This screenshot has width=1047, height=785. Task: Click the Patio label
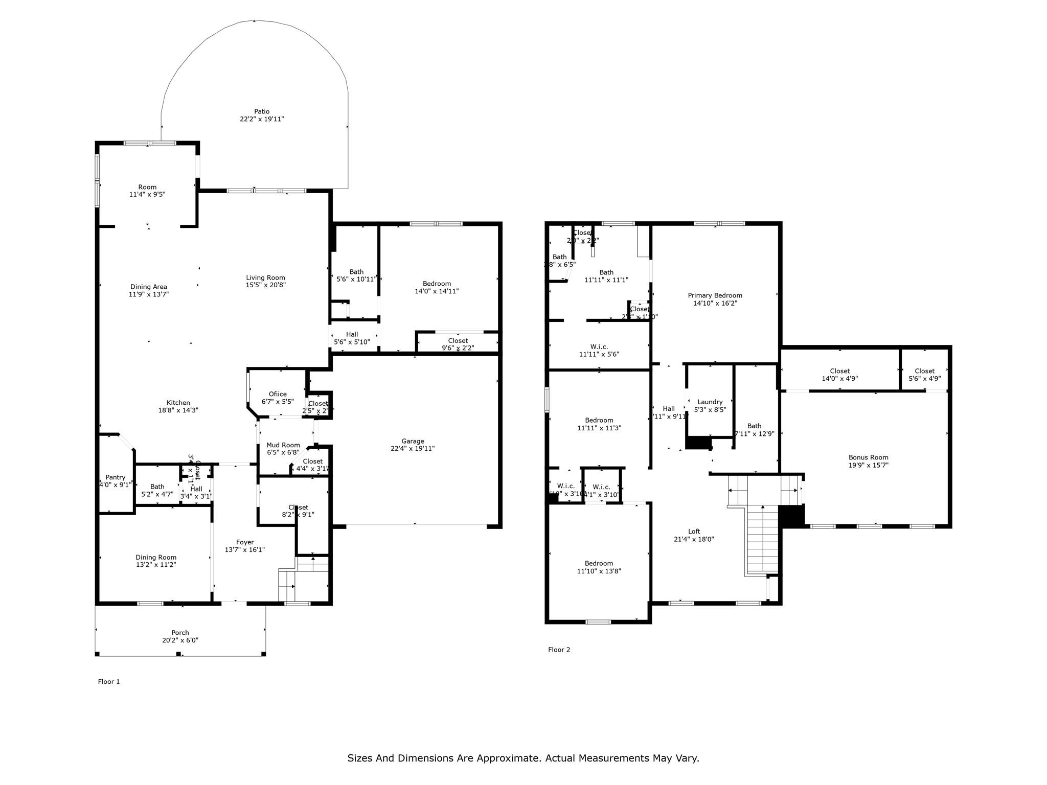[262, 111]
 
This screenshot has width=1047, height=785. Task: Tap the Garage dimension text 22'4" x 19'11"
[413, 449]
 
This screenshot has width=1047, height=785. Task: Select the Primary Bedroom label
[715, 295]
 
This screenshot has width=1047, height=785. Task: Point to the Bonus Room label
[868, 457]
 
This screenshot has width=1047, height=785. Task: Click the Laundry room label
[710, 402]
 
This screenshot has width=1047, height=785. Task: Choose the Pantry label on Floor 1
[116, 477]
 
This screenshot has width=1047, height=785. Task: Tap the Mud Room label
[283, 445]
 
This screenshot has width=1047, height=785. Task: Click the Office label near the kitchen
[278, 394]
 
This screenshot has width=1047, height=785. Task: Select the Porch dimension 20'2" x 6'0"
[180, 640]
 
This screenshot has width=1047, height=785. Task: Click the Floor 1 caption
[109, 681]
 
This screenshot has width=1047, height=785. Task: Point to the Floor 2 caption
[559, 650]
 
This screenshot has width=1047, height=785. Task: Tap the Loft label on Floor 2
[694, 532]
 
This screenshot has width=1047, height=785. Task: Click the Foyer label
[245, 542]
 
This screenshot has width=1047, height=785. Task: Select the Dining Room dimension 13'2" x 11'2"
[156, 565]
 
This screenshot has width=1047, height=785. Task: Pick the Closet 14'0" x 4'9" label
[839, 371]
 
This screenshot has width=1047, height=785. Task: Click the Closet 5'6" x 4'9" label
[924, 371]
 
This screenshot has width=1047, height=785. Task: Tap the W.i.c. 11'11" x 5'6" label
[599, 347]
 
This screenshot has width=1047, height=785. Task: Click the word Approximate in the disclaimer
[508, 758]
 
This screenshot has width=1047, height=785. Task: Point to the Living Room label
[265, 278]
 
